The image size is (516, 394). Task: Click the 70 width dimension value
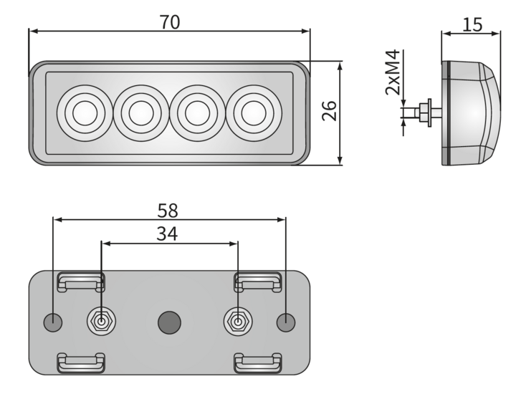pos(170,21)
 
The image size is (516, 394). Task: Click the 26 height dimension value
pos(329,111)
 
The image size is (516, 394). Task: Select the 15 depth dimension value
pos(472,25)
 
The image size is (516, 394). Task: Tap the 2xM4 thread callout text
pos(393,73)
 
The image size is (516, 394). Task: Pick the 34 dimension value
pos(167,234)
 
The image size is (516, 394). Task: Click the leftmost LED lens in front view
pos(84,113)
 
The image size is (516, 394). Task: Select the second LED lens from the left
pos(140,113)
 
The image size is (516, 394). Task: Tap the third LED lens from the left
pos(196,113)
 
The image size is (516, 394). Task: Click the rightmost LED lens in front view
pos(252,113)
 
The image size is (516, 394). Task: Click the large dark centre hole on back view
pos(169,322)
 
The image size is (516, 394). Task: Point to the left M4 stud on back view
pos(101,322)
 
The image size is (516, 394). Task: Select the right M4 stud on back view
pos(237,322)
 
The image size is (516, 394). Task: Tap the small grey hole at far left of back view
pos(54,322)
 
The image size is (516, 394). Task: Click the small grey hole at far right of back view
pos(285,322)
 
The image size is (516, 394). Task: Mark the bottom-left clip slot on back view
pos(81,362)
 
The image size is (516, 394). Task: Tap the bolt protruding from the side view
pos(423,112)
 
